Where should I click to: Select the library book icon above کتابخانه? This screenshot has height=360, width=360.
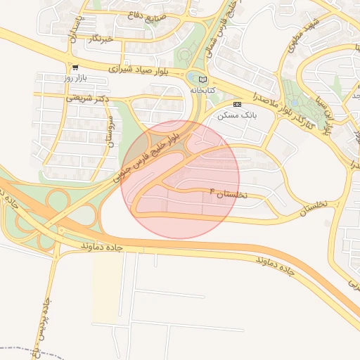click(x=203, y=79)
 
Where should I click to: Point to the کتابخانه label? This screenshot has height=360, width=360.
click(x=202, y=90)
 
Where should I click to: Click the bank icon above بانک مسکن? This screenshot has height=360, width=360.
click(x=238, y=104)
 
